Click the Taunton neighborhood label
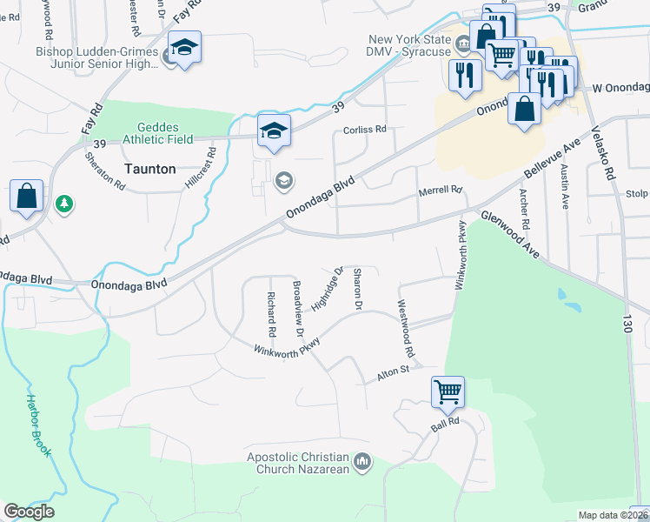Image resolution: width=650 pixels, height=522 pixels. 150,169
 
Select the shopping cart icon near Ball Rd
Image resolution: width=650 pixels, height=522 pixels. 448,391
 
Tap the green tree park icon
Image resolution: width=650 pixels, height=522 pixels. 63,204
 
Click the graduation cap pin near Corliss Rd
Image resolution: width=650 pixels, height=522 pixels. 274,130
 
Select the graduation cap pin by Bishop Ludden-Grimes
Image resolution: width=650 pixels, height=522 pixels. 184,46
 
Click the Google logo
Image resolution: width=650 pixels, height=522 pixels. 29,512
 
